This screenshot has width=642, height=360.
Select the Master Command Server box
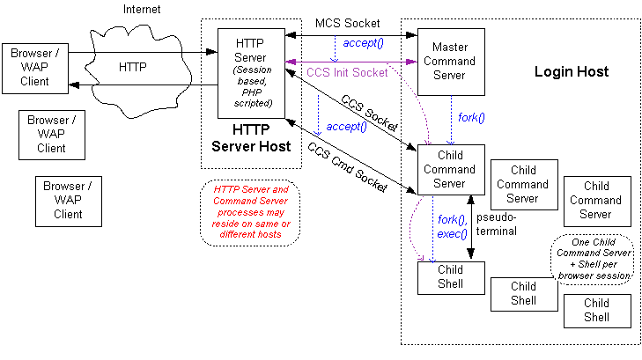450,62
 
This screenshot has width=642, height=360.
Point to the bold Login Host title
571,70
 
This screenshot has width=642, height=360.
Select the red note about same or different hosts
249,211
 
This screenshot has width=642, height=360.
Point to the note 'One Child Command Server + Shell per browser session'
592,259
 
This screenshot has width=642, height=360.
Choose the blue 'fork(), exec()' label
453,227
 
